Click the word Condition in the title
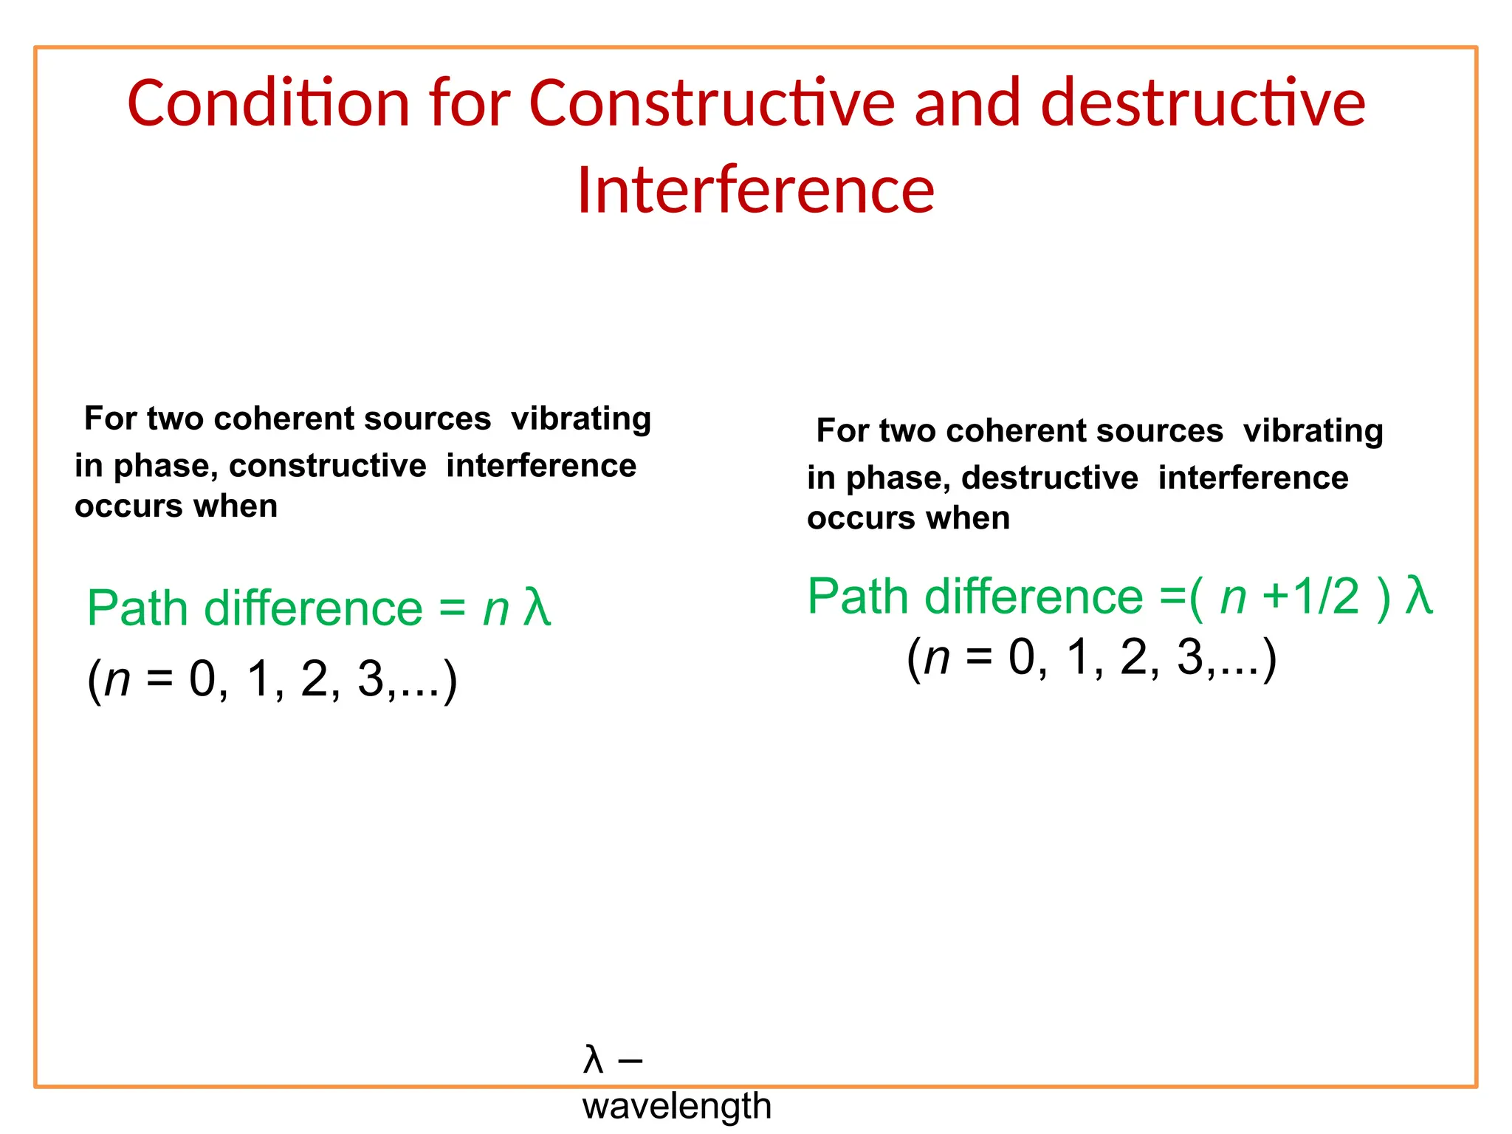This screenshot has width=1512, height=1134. click(x=268, y=103)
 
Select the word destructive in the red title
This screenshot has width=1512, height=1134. click(x=1203, y=103)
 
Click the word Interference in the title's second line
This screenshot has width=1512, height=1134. click(x=755, y=190)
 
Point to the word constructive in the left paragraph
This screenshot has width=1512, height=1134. click(x=327, y=466)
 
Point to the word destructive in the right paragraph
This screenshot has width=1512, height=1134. click(x=1049, y=478)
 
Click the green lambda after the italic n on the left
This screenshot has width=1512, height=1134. click(x=537, y=608)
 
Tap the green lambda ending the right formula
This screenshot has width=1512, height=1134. click(x=1418, y=596)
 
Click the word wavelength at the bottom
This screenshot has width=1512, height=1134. click(x=676, y=1107)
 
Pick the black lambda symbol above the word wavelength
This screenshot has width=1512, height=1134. click(x=593, y=1060)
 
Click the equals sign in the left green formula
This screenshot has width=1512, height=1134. click(x=452, y=609)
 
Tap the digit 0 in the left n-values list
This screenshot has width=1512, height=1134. click(x=202, y=678)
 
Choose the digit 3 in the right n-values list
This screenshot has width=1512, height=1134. click(x=1190, y=657)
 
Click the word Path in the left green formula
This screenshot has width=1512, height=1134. click(x=137, y=608)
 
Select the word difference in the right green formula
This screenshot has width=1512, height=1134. click(x=1034, y=597)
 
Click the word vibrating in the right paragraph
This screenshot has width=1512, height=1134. click(x=1313, y=430)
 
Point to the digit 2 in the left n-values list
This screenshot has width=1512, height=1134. click(x=315, y=678)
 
